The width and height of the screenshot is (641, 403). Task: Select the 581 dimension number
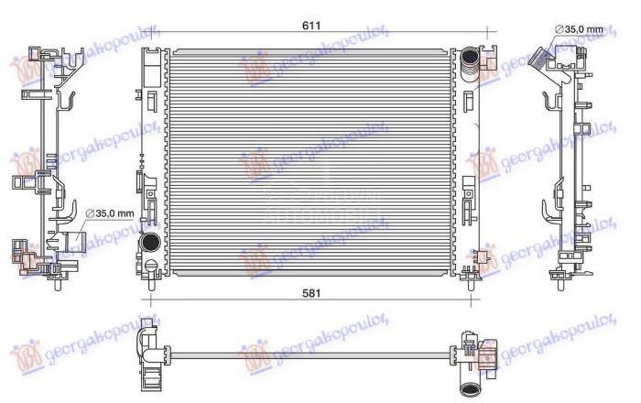pyautogui.click(x=312, y=292)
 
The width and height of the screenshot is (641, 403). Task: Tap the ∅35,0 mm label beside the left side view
pyautogui.click(x=110, y=213)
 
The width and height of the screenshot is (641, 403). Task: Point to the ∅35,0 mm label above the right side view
pyautogui.click(x=579, y=29)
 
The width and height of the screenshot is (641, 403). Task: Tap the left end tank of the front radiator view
pyautogui.click(x=150, y=160)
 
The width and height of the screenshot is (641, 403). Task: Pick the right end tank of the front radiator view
pyautogui.click(x=468, y=160)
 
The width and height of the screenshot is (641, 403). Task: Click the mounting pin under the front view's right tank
pyautogui.click(x=470, y=272)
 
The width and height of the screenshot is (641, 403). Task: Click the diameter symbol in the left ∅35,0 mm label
pyautogui.click(x=89, y=213)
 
